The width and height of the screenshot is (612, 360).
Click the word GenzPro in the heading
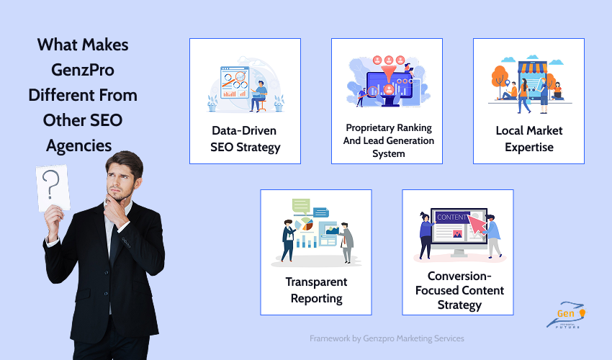click(83, 70)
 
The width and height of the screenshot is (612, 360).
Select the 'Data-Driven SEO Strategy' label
click(245, 139)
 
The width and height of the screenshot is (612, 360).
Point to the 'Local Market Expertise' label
click(528, 139)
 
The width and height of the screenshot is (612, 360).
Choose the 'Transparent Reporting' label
click(316, 290)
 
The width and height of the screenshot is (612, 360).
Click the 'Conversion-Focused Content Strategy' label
click(458, 290)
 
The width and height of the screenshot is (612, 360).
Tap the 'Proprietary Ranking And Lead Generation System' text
click(387, 140)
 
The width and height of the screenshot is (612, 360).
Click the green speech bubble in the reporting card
click(301, 204)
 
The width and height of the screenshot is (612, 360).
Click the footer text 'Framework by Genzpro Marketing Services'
click(387, 338)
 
